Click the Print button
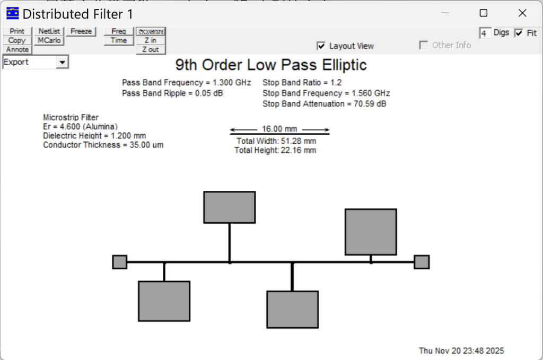point(17,31)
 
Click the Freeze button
point(81,31)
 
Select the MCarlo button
point(49,40)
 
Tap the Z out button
point(151,49)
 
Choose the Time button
point(119,40)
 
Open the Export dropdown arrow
point(63,63)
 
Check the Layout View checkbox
point(321,46)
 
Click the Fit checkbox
point(519,33)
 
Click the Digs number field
point(485,33)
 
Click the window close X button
point(522,13)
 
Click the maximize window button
point(484,13)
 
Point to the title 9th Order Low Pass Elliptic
point(271,65)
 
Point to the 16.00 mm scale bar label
point(279,129)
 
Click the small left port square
point(120,262)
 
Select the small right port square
point(422,262)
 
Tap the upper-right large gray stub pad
point(371,232)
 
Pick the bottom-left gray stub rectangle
point(164,301)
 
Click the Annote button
point(17,49)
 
